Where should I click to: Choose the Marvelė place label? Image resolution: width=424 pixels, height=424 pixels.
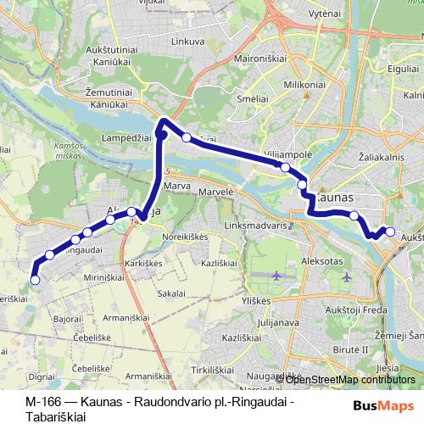pos(216,193)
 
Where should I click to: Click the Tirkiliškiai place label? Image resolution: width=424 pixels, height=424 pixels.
pos(210,370)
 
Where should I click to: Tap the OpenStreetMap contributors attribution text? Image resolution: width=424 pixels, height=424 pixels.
pos(350,379)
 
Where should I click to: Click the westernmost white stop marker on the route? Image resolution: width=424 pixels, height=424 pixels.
pos(35,280)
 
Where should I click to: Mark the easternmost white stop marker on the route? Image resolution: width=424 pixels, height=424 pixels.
pos(391,231)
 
